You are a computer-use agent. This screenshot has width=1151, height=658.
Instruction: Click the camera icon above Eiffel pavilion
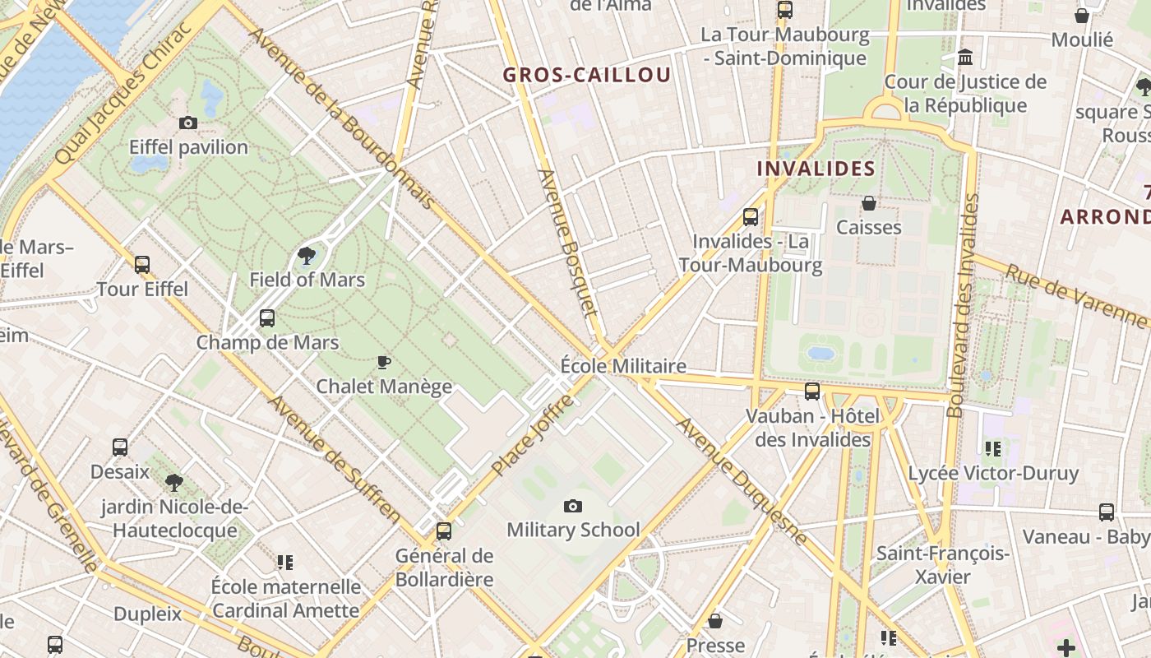[188, 123]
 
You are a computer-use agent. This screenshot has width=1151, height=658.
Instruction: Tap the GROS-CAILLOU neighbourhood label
[587, 75]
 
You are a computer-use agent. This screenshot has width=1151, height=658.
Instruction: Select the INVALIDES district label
[816, 169]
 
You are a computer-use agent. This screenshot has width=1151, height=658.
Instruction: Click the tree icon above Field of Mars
[307, 255]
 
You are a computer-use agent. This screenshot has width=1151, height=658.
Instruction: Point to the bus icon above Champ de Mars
[267, 318]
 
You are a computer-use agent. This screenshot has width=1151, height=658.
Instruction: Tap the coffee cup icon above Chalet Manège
[383, 362]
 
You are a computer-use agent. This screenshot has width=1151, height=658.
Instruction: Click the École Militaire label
[623, 366]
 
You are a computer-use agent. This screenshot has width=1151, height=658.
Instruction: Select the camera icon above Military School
[573, 506]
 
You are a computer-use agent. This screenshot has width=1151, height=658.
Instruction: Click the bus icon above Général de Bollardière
[444, 531]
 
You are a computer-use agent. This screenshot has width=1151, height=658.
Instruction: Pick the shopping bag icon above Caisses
[869, 202]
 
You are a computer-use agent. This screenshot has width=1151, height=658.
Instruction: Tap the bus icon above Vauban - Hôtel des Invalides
[812, 392]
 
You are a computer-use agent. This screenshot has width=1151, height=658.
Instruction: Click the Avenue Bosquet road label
[566, 243]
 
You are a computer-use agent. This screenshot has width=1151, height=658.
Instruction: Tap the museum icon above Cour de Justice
[966, 58]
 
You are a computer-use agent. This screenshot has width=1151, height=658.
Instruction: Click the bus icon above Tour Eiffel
[142, 265]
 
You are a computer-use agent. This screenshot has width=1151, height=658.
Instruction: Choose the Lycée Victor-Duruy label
[993, 473]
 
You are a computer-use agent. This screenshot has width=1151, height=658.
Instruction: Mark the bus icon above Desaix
[120, 447]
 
